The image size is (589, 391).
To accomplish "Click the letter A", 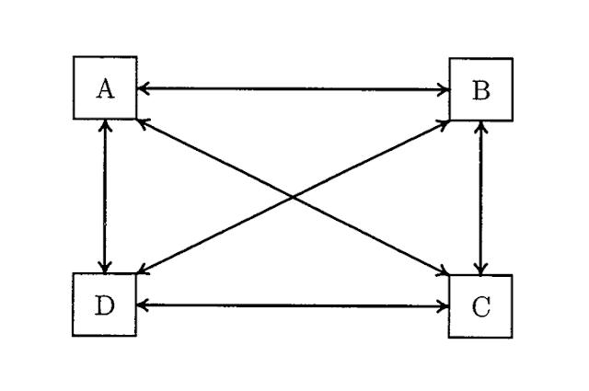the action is pyautogui.click(x=105, y=89).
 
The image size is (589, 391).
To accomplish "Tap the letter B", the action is pyautogui.click(x=481, y=91).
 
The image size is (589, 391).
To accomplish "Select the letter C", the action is pyautogui.click(x=481, y=307).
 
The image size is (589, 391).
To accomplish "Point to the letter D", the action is pyautogui.click(x=105, y=305).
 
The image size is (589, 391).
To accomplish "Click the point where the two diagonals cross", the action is pyautogui.click(x=293, y=197).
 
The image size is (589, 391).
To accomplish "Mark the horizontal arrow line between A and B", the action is pyautogui.click(x=294, y=89).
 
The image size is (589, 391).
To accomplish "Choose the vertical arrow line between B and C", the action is pyautogui.click(x=480, y=198).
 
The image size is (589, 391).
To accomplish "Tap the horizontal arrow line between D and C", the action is pyautogui.click(x=293, y=306).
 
